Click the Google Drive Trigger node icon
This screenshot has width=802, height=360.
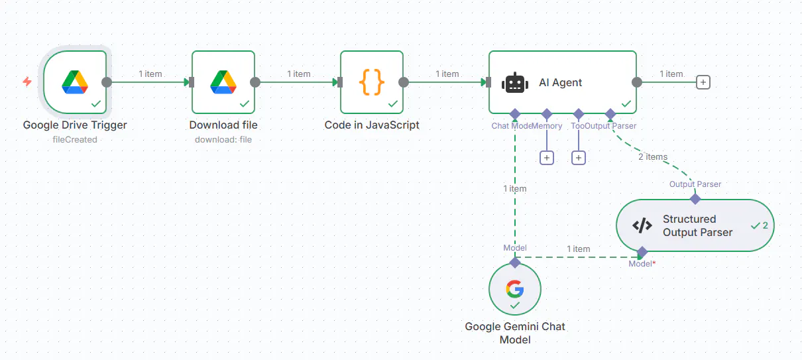click(x=75, y=82)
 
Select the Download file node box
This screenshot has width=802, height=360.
click(x=223, y=82)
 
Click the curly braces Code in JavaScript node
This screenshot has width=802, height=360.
click(x=372, y=82)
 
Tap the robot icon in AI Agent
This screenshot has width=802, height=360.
click(x=515, y=83)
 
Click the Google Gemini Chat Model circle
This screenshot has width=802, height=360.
click(x=515, y=290)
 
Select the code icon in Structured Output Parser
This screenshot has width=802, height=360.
click(x=642, y=225)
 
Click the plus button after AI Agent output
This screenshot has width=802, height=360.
click(x=703, y=82)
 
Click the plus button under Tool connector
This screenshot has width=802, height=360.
click(x=579, y=158)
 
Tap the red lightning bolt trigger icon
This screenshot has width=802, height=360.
click(x=27, y=82)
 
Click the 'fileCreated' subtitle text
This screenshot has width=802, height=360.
click(x=75, y=139)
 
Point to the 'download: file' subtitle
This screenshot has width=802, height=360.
click(x=223, y=139)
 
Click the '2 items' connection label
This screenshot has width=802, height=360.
click(x=653, y=157)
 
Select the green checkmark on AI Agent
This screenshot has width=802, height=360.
click(x=626, y=103)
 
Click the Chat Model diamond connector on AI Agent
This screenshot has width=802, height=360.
click(x=515, y=114)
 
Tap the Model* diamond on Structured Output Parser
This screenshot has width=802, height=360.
click(x=642, y=252)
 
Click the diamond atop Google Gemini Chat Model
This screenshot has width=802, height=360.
click(x=515, y=263)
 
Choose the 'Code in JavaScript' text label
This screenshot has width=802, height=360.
click(x=372, y=125)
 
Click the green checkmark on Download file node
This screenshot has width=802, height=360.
click(x=244, y=103)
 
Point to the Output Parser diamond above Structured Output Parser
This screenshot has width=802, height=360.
click(x=695, y=198)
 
